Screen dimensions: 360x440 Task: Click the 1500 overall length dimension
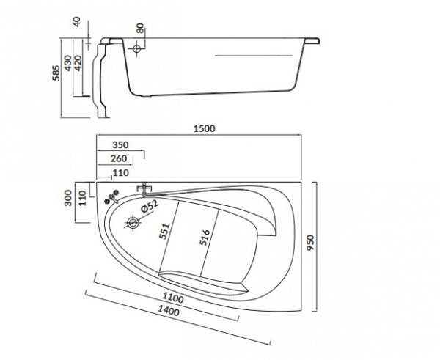(x=203, y=129)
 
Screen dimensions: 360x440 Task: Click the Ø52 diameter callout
(x=151, y=207)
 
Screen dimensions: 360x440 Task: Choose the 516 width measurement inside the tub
(x=206, y=241)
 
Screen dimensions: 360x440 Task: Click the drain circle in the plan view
(x=133, y=222)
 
